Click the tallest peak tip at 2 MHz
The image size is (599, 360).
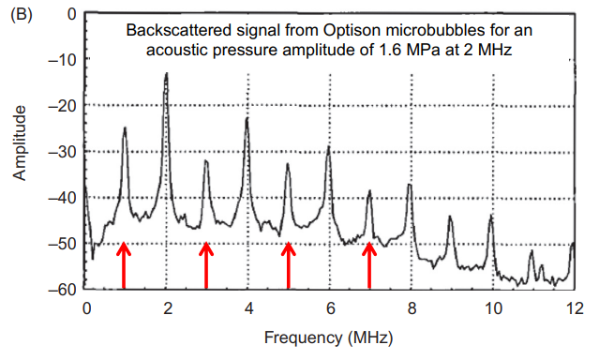(166, 73)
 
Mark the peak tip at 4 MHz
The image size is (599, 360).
(247, 118)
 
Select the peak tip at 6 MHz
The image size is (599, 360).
(328, 146)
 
